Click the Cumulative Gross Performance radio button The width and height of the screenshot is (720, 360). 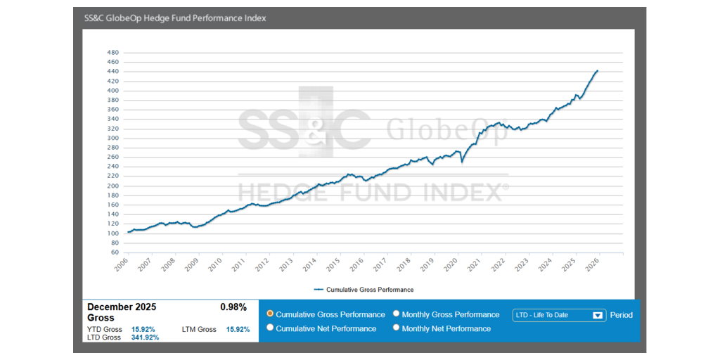(271, 314)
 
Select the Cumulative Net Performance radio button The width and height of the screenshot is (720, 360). (271, 328)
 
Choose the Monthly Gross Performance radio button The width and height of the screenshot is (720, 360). (397, 314)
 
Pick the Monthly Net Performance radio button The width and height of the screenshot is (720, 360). (397, 328)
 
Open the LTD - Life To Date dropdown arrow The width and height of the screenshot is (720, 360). (598, 315)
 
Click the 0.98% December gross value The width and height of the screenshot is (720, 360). (233, 307)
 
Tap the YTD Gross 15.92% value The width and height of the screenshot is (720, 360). (143, 329)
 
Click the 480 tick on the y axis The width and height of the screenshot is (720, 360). (112, 53)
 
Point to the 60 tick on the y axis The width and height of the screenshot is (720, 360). (115, 252)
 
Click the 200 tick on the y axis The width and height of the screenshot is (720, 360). (112, 186)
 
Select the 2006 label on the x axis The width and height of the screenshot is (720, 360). (121, 264)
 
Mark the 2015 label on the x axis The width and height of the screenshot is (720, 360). (334, 264)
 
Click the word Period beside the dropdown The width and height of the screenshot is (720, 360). (621, 315)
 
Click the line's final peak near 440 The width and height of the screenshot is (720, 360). (597, 71)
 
